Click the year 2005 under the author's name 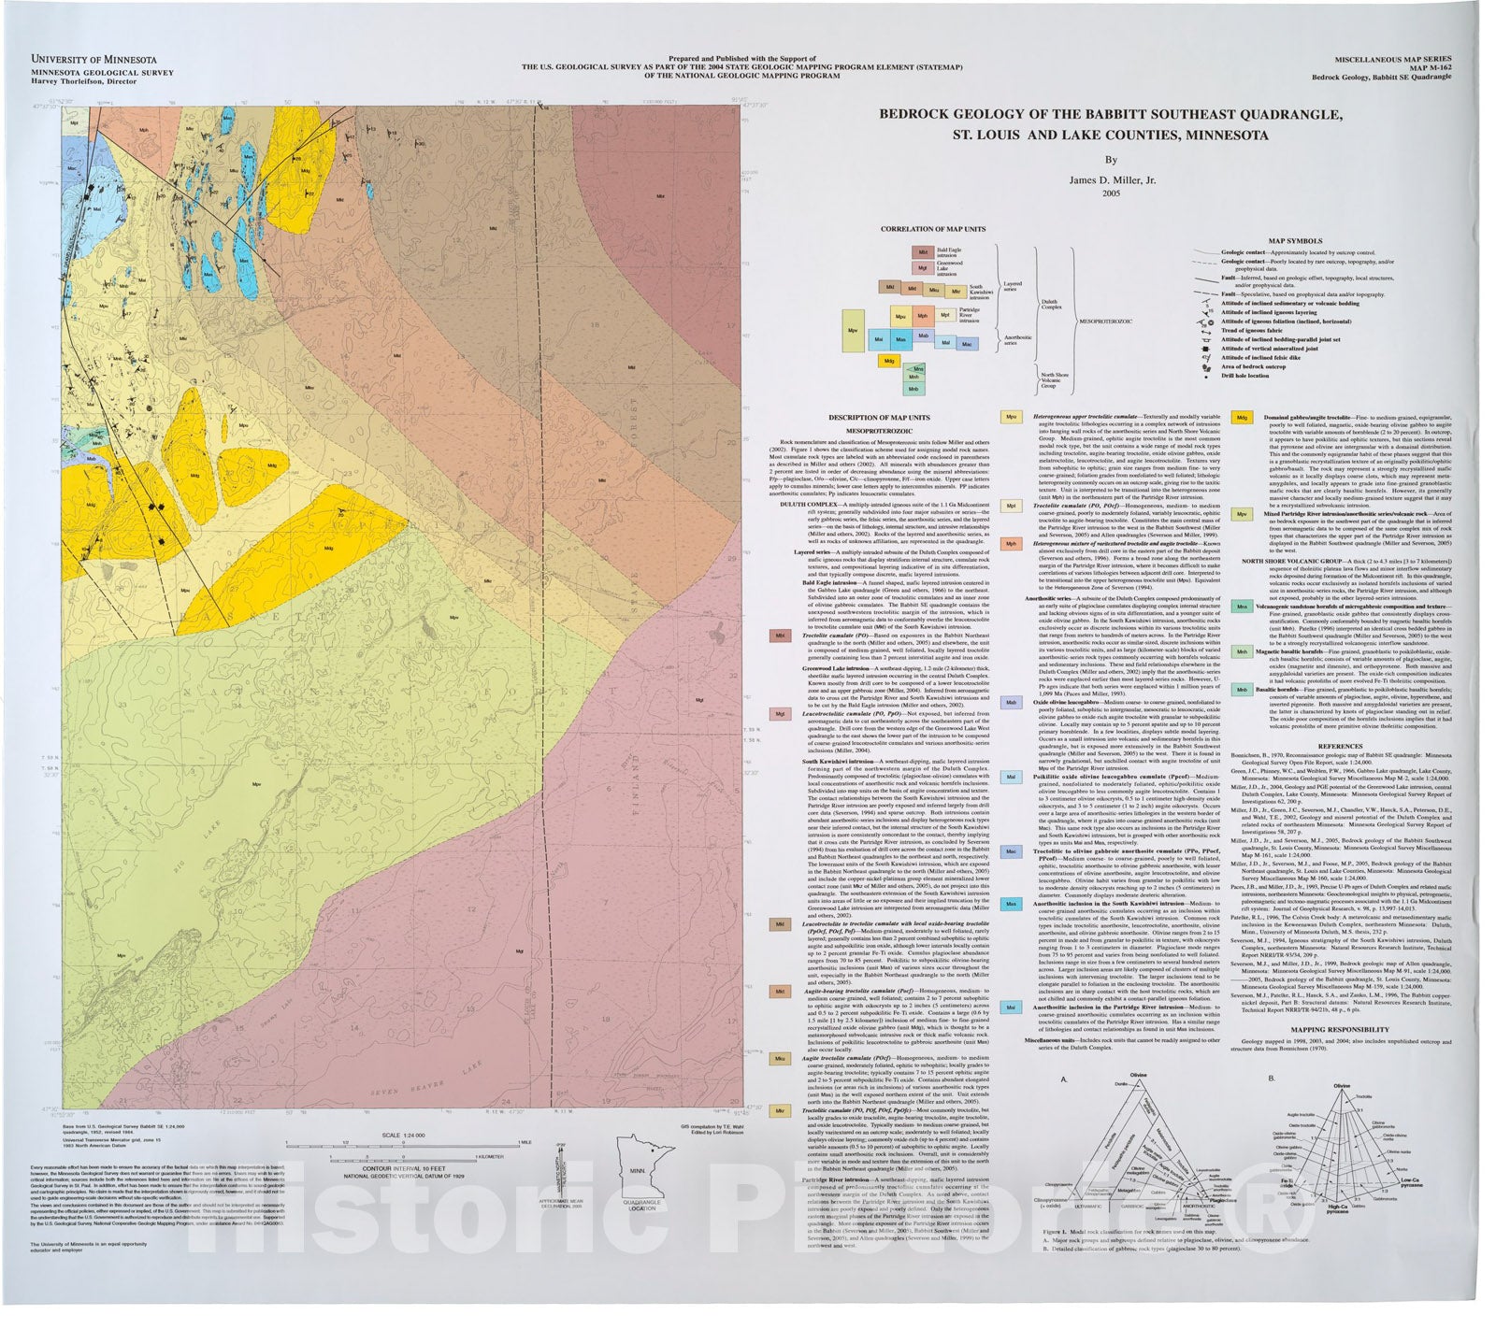coord(1111,193)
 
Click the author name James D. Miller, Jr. coord(1111,179)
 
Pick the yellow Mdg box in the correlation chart coord(888,360)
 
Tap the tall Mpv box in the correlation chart coord(853,331)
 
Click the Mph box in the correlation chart coord(923,316)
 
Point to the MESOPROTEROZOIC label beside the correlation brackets coord(1106,321)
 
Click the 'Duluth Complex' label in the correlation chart coord(1049,304)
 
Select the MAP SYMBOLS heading coord(1294,241)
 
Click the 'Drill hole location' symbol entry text coord(1245,376)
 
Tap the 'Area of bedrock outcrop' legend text coord(1254,366)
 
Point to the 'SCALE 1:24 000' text coord(403,1135)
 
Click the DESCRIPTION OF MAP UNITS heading coord(880,417)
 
